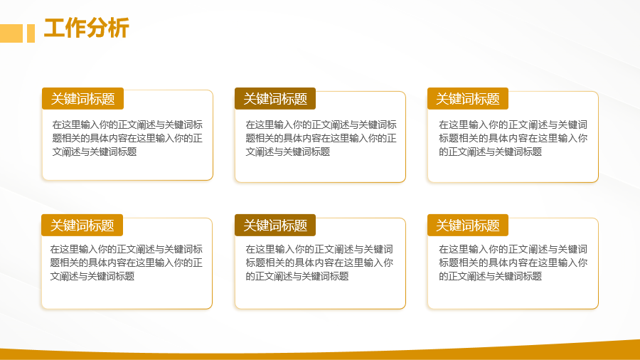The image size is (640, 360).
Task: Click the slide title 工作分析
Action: tap(87, 28)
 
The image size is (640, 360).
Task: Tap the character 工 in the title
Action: tap(54, 28)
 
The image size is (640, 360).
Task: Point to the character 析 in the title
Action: tap(119, 28)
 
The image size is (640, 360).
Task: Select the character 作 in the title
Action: tap(75, 28)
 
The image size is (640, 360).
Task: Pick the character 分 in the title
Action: tap(97, 28)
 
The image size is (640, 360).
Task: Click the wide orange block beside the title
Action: tap(11, 33)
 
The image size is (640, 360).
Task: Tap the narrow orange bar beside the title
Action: tap(31, 33)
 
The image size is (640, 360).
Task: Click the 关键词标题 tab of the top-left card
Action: tap(83, 98)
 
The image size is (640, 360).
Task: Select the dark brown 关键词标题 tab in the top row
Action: tap(275, 98)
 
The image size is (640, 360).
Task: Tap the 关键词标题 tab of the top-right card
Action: tap(468, 98)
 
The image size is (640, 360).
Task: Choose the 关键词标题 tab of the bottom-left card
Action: tap(82, 225)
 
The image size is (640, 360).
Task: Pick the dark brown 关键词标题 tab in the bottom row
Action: tap(275, 225)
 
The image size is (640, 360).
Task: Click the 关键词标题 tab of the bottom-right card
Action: tap(468, 225)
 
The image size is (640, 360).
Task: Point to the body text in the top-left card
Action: tap(127, 138)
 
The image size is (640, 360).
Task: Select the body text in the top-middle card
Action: tap(321, 138)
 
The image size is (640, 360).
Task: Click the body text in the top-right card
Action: tap(513, 138)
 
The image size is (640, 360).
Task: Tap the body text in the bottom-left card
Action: tap(126, 263)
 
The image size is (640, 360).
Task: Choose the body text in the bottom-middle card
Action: tap(319, 263)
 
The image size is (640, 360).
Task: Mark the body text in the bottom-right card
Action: tap(513, 263)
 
